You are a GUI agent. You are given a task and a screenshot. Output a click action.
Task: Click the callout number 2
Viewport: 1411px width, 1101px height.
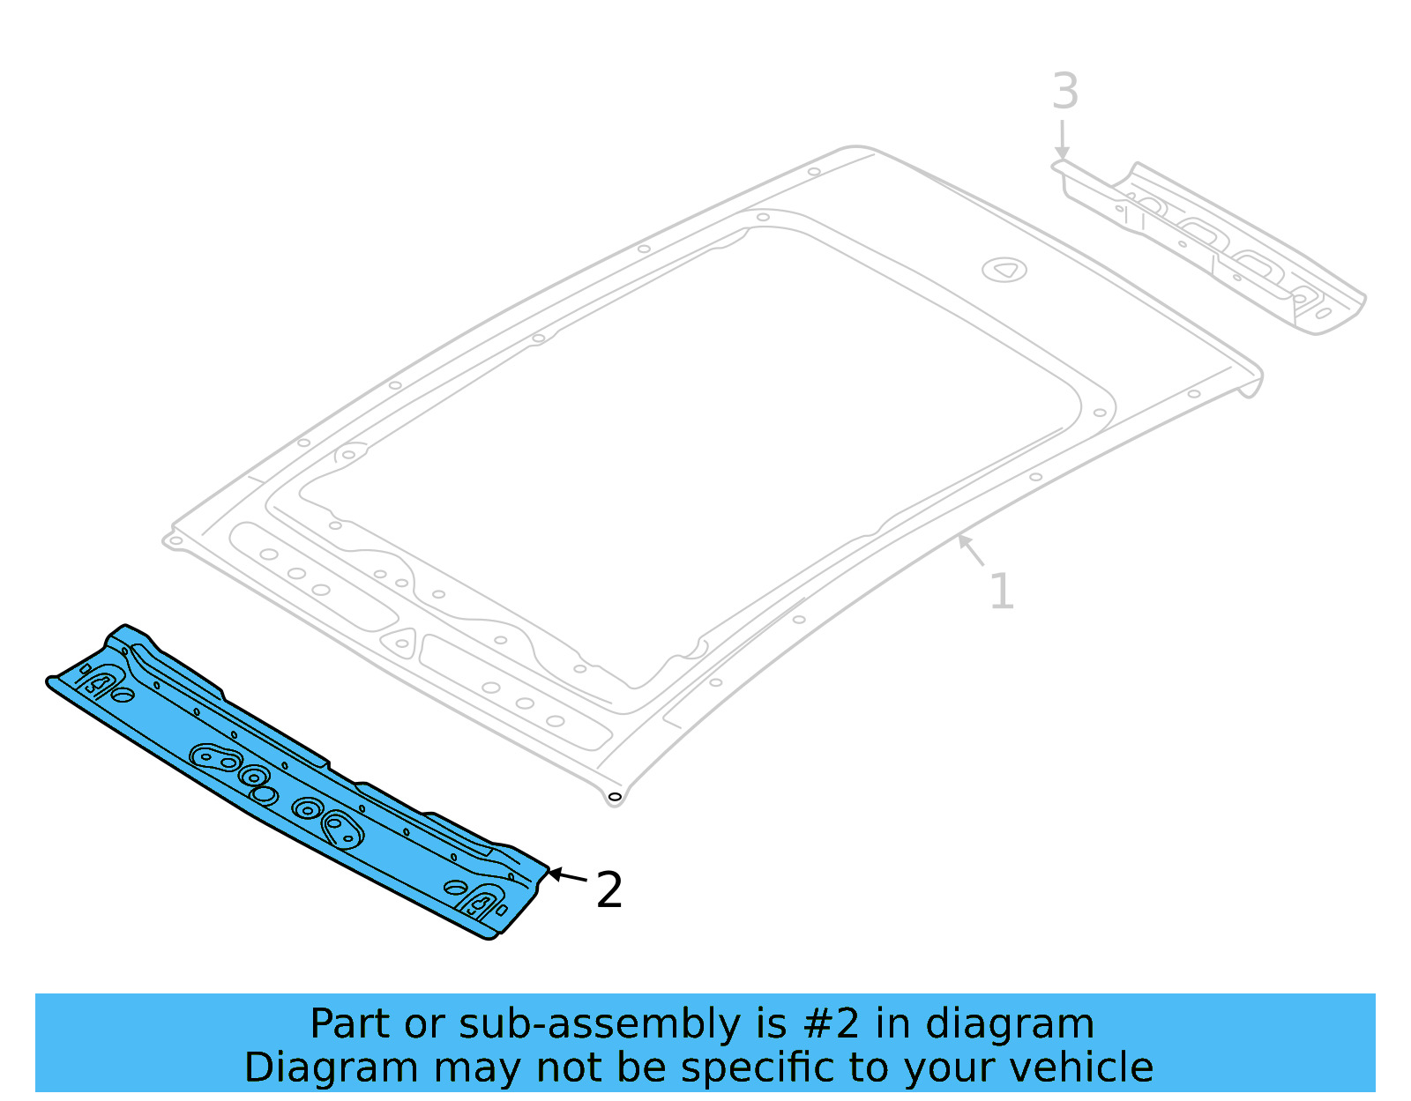(x=609, y=890)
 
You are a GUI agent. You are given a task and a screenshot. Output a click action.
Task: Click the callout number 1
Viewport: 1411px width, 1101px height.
(x=1002, y=591)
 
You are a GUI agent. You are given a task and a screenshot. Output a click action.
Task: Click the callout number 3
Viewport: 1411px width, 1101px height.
(x=1065, y=92)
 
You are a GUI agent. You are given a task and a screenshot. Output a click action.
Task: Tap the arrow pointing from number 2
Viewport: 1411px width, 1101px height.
(x=567, y=876)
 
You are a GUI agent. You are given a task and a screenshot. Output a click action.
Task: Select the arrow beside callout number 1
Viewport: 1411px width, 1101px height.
(x=971, y=550)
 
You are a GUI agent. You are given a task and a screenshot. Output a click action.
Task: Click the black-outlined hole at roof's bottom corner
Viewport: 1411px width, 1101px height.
(x=615, y=797)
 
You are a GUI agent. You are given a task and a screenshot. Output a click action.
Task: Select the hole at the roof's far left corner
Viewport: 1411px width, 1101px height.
(x=175, y=540)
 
